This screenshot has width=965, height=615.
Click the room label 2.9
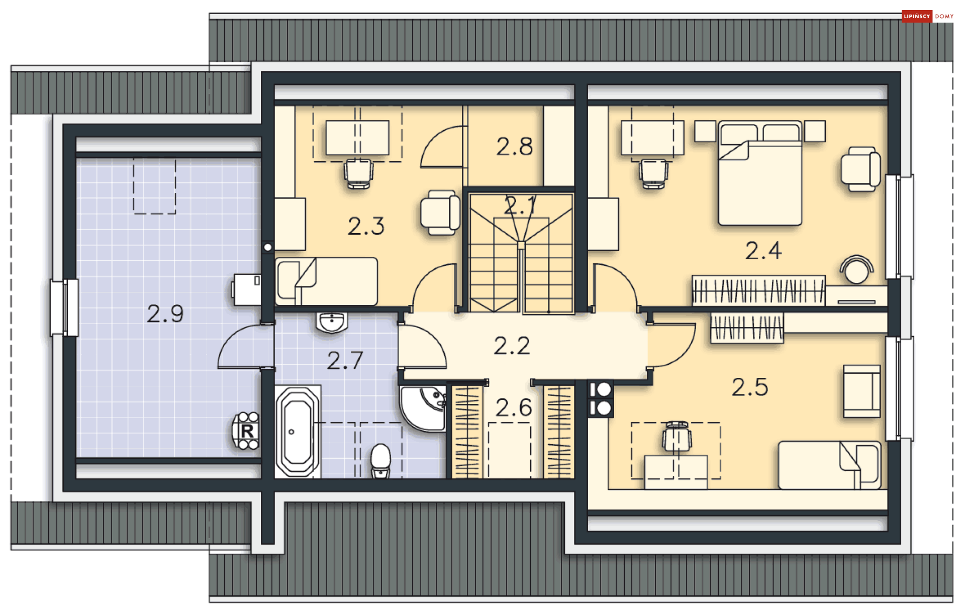pos(165,314)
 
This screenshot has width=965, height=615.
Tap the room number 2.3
pos(366,226)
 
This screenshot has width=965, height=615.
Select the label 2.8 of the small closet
pos(514,146)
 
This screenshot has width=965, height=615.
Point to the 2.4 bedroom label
pos(763,251)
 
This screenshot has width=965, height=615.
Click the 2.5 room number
pos(750,387)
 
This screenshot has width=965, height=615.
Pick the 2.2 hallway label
pos(512,346)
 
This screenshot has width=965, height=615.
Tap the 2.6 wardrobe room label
pos(514,407)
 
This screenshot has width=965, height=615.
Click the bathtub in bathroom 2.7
pos(298,431)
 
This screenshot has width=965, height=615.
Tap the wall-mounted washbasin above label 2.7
pos(332,322)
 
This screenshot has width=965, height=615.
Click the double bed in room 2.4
pos(760,173)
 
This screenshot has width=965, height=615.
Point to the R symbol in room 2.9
pos(247,431)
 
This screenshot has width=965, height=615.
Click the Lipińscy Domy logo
pos(928,17)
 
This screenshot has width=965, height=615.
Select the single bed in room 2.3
pos(326,281)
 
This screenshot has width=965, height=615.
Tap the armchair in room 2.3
pos(440,212)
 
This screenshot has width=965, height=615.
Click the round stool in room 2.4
pos(856,270)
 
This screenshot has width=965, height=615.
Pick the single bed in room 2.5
pos(830,465)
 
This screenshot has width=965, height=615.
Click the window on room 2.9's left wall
pos(64,307)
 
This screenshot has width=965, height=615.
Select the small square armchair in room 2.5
pos(861,391)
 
